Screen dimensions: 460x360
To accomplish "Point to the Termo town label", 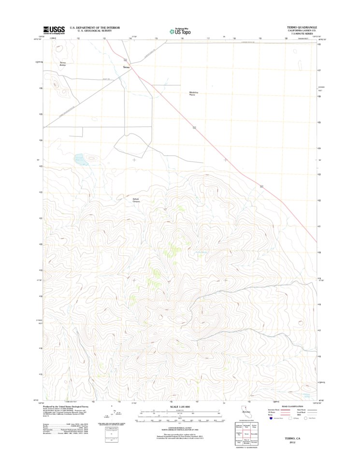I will coord(127,67).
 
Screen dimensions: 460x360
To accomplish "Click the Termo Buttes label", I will coord(62,63).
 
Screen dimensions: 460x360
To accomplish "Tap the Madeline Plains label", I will coord(195,94).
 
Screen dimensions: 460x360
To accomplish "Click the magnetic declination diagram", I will coord(111,416).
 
